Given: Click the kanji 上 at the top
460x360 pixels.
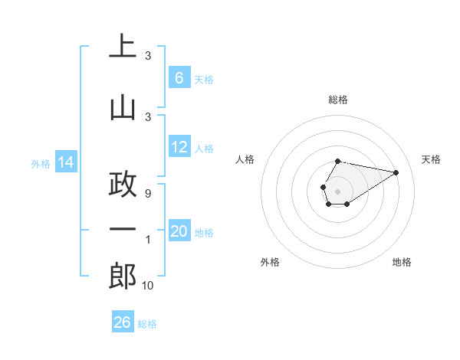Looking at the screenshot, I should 123,47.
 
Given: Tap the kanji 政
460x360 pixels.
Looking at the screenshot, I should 123,184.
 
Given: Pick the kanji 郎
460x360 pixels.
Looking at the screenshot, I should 123,276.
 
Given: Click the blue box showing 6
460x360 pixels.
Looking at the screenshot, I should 179,78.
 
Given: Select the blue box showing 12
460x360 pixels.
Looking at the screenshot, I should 179,147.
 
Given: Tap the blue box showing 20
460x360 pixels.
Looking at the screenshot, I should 179,231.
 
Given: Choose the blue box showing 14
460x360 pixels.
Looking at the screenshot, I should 66,162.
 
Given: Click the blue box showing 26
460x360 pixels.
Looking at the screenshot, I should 123,322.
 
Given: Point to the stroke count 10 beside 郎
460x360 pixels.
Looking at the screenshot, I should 147,286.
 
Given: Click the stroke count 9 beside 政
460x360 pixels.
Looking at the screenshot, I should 147,193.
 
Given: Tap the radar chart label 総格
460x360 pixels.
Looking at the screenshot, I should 338,100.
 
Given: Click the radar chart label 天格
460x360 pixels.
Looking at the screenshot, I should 431,159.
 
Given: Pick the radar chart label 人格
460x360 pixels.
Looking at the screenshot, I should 245,159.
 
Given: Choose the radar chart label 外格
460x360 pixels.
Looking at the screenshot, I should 270,262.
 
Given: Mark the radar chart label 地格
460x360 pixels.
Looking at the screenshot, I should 402,262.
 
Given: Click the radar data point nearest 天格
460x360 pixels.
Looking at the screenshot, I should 396,172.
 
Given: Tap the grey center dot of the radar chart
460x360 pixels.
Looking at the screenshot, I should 337,190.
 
